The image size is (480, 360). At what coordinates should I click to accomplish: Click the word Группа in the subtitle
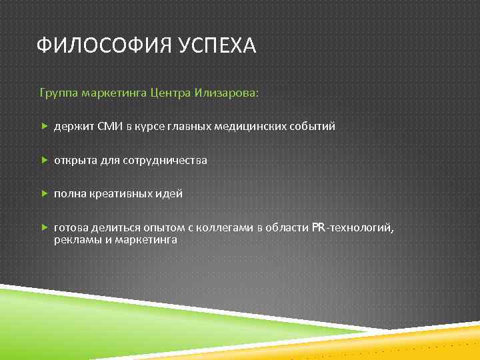(58, 93)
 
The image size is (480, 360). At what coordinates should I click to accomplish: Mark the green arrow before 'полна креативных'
(44, 194)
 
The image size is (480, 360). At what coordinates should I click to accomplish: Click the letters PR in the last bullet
(318, 228)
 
